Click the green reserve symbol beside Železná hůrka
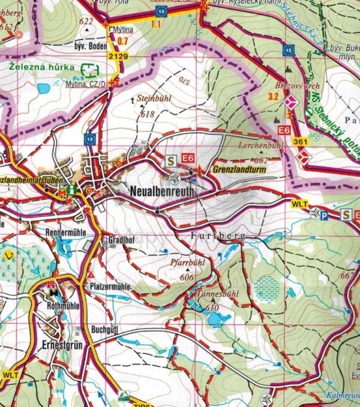click(89, 71)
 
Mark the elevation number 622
click(88, 22)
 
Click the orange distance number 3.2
click(274, 97)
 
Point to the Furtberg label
click(218, 236)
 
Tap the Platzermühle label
click(110, 287)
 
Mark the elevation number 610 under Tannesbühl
click(211, 308)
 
